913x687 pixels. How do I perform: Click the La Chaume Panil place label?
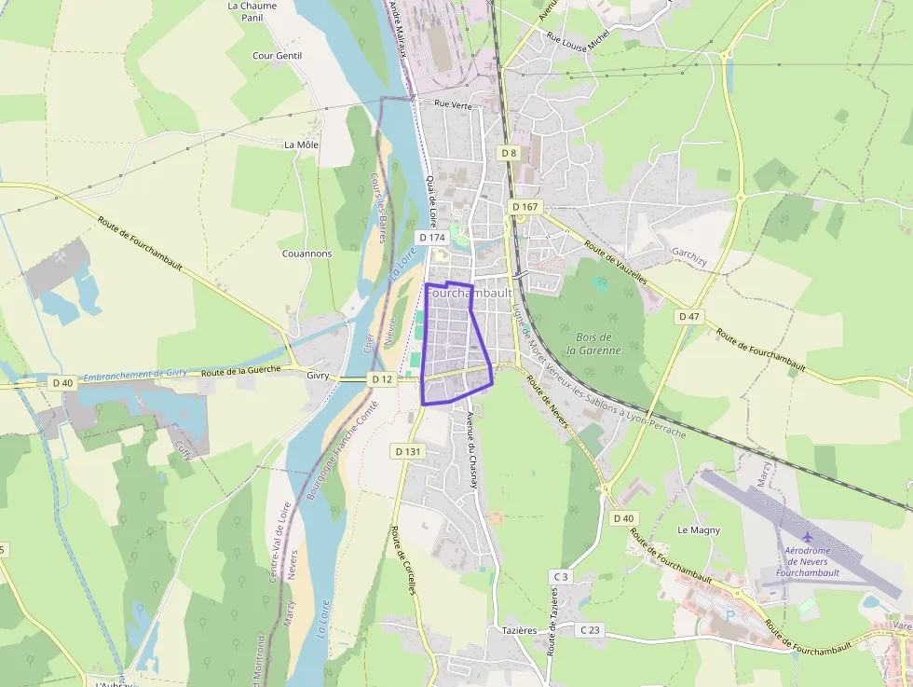pos(252,11)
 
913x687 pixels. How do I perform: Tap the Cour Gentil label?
pos(277,56)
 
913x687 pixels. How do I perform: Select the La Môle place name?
pos(302,144)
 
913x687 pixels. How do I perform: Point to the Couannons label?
pos(307,254)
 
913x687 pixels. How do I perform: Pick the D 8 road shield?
pos(508,153)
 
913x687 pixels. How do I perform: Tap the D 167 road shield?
pos(525,207)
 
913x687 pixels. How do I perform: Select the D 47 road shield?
pos(688,317)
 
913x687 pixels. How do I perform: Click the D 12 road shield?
pos(382,379)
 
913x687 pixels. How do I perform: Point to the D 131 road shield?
pos(408,451)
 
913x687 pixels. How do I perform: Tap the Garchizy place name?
pos(692,253)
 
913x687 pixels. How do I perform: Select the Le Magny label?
pos(698,530)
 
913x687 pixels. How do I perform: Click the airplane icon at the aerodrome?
pos(807,537)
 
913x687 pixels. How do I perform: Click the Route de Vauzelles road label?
pos(615,262)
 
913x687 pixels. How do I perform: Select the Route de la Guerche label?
pos(240,371)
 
